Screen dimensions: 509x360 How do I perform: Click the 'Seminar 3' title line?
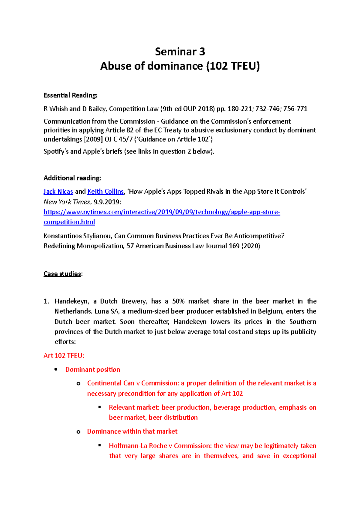click(x=180, y=52)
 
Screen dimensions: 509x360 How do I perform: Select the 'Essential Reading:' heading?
click(x=70, y=95)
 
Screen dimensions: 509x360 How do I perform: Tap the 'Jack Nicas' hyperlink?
click(x=58, y=192)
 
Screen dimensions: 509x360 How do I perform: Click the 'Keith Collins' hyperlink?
click(x=105, y=192)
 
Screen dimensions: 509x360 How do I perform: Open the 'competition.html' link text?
click(x=69, y=222)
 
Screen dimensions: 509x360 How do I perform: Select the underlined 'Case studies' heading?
click(x=62, y=274)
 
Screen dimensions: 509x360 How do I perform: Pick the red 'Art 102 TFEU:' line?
click(x=64, y=356)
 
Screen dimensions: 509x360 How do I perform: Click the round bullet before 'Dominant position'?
click(x=56, y=370)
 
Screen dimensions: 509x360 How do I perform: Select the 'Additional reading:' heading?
click(x=72, y=178)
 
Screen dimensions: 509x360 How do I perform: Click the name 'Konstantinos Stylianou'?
click(x=78, y=236)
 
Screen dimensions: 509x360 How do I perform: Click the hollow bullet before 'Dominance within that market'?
click(x=78, y=432)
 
